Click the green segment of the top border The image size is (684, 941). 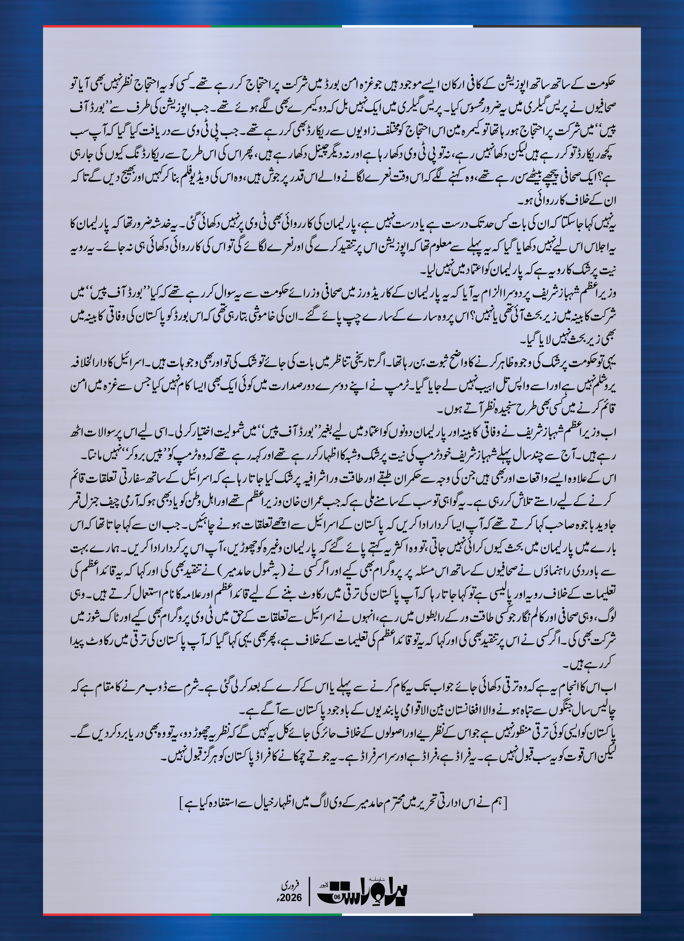click(276, 26)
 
